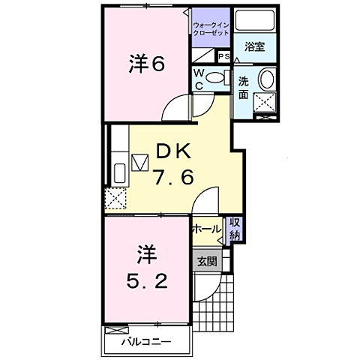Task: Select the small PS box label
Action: [223, 57]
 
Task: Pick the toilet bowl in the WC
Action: [216, 76]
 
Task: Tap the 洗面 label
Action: [244, 88]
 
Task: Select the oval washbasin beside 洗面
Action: [266, 80]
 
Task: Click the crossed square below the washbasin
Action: [265, 103]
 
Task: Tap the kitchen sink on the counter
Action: [119, 173]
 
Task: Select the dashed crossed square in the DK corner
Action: [115, 198]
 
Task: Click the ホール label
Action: [206, 229]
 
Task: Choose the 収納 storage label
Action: [235, 228]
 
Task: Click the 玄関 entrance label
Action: [207, 262]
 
